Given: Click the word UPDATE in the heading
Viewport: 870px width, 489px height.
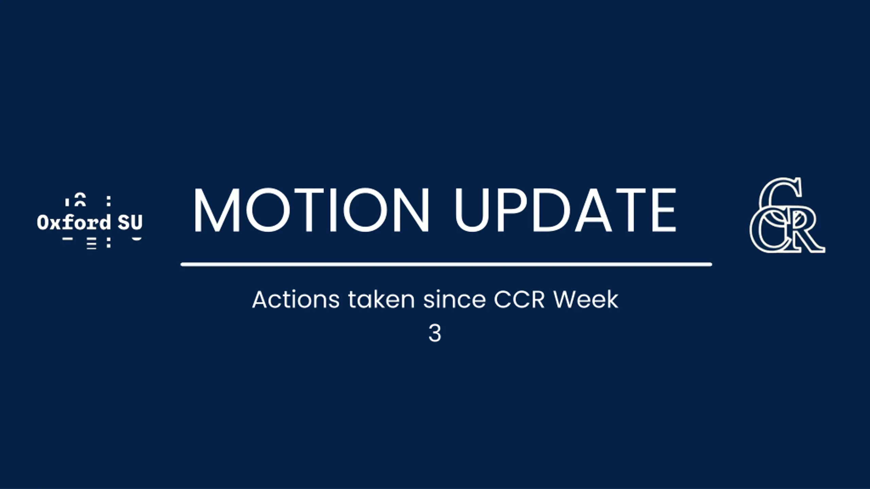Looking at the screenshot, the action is [x=565, y=210].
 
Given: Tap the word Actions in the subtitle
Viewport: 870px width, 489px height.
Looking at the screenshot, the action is [x=296, y=300].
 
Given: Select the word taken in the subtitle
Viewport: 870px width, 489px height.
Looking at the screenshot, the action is [x=381, y=300].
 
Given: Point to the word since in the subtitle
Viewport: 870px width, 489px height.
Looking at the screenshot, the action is [x=454, y=300].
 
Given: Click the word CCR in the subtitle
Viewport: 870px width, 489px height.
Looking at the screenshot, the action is [x=519, y=300].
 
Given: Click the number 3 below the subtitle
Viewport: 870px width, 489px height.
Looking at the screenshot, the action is [x=435, y=333].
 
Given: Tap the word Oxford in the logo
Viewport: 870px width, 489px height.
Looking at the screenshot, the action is [x=74, y=222].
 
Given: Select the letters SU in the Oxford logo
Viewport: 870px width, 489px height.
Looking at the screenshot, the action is [x=130, y=222].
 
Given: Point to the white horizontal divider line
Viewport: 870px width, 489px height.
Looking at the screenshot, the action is [x=446, y=264].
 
